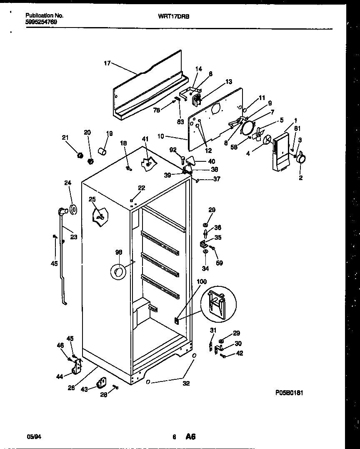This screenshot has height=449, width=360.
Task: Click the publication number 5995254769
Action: click(41, 22)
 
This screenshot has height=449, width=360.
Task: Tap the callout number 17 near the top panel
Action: click(107, 63)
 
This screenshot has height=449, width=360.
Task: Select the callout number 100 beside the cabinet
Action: click(201, 282)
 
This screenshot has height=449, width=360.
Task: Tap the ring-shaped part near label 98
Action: click(118, 273)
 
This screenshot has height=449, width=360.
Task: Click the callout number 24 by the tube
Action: click(68, 183)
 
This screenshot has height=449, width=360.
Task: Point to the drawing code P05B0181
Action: click(289, 393)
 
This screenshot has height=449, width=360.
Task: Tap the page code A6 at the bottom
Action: click(191, 437)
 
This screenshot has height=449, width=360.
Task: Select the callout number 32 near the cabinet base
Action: click(186, 383)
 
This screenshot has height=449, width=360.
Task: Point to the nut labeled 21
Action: click(78, 156)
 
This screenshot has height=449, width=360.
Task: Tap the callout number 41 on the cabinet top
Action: click(145, 139)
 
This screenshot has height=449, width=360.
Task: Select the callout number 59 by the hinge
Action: click(219, 263)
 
